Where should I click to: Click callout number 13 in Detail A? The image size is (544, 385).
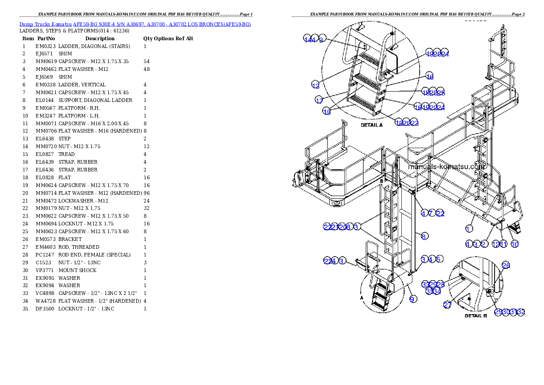pos(315,86)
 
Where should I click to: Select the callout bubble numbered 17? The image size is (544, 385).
pos(319,100)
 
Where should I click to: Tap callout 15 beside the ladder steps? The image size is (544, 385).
pos(327,112)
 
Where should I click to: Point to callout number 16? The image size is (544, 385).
pos(429,76)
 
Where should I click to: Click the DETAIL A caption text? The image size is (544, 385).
pos(371,125)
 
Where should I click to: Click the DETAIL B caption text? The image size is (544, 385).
pos(476,315)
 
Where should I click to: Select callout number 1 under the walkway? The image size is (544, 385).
pos(469,228)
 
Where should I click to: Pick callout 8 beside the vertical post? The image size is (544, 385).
pos(424,236)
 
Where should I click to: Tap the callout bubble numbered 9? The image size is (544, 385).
pos(413,299)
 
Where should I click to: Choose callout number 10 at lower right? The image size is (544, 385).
pos(515,244)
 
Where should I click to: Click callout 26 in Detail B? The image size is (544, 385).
pos(506,265)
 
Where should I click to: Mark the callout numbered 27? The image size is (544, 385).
pos(448,305)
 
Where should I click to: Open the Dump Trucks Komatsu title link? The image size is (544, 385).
pos(135,24)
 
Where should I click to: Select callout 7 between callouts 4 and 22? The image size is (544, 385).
pos(431,213)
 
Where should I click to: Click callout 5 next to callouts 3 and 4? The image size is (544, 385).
pos(439,259)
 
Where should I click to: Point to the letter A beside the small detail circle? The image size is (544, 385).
pos(362,297)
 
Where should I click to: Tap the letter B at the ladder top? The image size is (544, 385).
pos(381,182)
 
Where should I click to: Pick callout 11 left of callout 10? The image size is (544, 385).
pos(503,244)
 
